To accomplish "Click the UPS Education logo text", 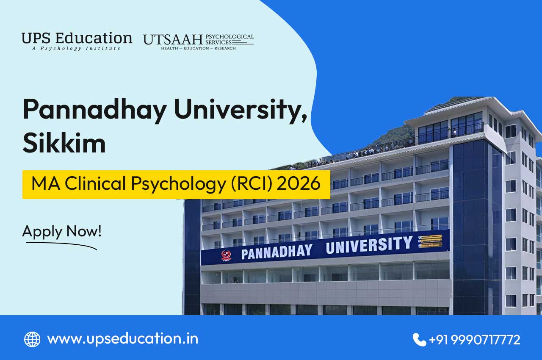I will coord(77,38).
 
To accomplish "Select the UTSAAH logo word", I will coord(173,39).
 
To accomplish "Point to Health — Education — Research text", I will coord(198,48).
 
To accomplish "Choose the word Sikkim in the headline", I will coord(64,144).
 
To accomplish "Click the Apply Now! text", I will coord(62,231).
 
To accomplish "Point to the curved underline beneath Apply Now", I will coord(62,244).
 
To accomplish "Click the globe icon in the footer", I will coord(32,339).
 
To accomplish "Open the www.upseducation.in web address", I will coord(122,339).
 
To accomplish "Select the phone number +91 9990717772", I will coord(474,340).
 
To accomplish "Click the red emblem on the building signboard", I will coord(227,255).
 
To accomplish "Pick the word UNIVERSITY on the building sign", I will coord(368,245).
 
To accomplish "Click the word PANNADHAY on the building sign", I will coord(277,252).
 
